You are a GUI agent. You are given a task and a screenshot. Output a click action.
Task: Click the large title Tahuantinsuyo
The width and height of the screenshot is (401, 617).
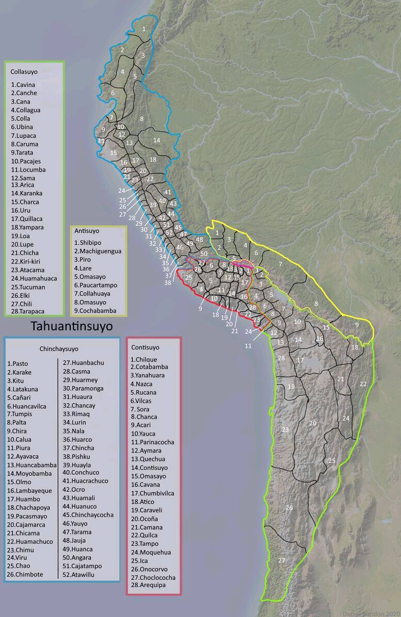point(72,326)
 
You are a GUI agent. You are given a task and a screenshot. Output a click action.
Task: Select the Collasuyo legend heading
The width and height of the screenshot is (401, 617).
point(24,72)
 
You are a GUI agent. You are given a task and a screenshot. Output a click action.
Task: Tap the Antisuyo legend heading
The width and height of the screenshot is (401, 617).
point(87,231)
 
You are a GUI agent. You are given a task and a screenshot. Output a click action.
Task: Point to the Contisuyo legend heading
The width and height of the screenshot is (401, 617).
point(145,347)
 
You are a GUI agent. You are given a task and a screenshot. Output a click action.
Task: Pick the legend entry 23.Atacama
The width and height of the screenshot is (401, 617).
point(27,270)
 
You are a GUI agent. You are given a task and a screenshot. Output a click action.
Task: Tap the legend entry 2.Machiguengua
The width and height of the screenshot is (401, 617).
point(98,251)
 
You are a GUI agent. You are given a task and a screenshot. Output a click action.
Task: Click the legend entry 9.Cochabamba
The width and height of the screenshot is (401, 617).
point(95,311)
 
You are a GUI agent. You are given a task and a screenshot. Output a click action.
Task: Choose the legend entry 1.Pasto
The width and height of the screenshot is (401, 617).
point(18,363)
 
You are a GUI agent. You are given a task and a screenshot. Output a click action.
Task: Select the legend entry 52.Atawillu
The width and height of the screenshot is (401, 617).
point(82,574)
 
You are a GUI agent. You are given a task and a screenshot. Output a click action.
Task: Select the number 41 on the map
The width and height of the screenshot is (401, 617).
point(167,192)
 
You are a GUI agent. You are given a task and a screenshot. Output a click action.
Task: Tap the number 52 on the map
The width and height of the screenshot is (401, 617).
point(169,232)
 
